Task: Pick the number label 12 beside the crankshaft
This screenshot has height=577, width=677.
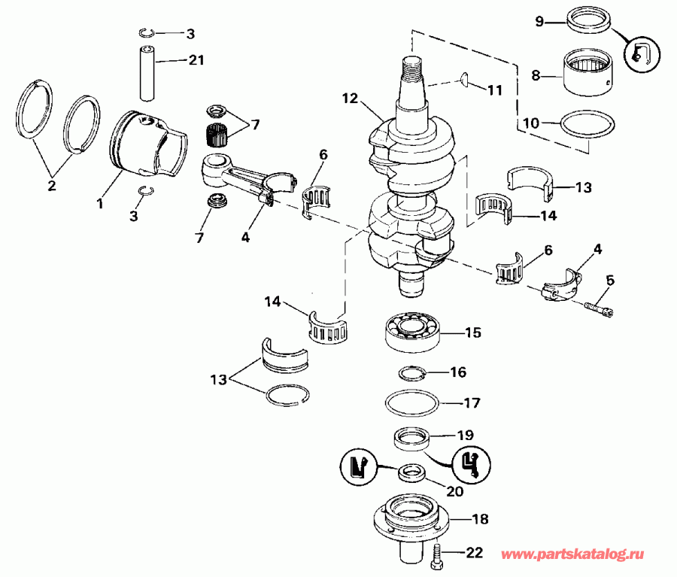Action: [348, 98]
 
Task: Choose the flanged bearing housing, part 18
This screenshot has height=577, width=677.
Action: [411, 519]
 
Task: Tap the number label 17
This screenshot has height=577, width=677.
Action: [472, 402]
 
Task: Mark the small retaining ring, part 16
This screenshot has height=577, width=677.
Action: [412, 372]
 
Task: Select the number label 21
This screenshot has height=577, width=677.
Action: [196, 59]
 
